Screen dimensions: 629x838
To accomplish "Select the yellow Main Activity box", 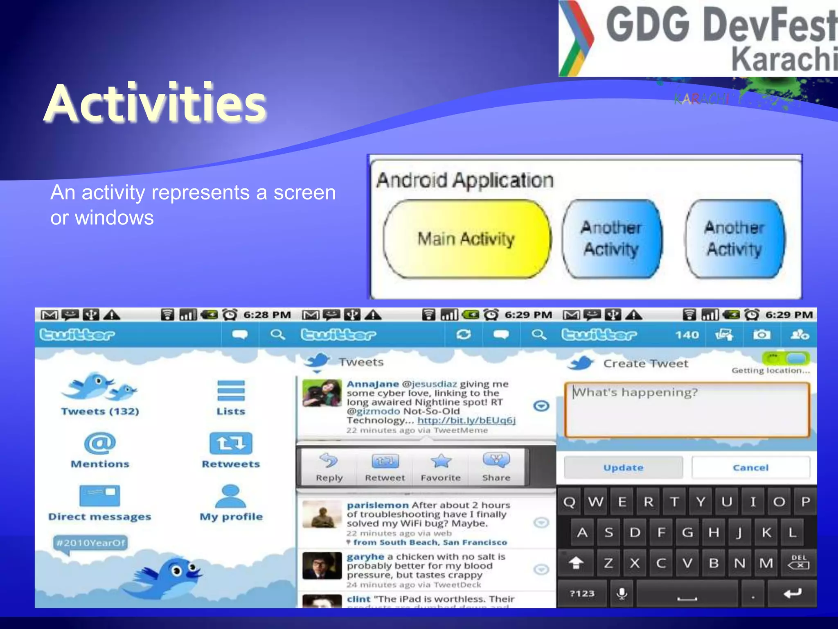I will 466,239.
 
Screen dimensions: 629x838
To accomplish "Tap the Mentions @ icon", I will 100,443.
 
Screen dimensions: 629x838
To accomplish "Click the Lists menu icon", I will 231,391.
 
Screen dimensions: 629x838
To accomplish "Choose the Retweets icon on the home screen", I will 231,443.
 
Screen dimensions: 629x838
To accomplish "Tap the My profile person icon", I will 231,496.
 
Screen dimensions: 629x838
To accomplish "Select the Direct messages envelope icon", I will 100,496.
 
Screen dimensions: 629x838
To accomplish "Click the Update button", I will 623,468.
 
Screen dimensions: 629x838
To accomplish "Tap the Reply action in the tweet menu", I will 329,467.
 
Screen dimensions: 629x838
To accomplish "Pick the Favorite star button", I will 441,467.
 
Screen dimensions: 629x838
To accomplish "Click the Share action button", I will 496,467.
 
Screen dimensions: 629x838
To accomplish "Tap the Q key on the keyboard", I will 569,502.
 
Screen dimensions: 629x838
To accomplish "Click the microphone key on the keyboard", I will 622,593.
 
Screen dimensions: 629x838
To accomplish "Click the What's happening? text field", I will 687,410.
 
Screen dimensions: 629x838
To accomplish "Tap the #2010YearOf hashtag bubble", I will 90,543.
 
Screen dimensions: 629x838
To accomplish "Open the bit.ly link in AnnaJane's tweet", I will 466,421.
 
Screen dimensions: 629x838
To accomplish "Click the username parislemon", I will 378,505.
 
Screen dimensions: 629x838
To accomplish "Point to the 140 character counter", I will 687,335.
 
